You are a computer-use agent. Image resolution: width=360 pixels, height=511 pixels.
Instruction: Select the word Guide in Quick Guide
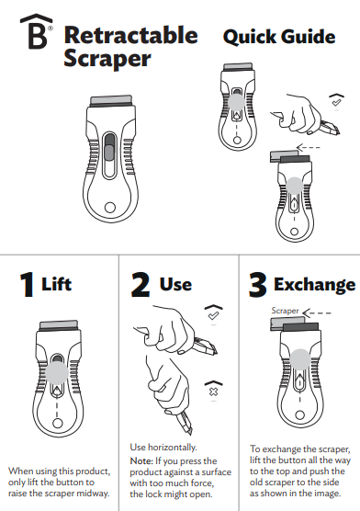pos(306,37)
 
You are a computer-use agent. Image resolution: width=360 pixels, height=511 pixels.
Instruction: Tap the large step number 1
pos(26,285)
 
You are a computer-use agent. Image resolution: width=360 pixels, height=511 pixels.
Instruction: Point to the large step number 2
pos(140,285)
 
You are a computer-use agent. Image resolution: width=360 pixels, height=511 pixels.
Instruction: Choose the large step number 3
pos(258,285)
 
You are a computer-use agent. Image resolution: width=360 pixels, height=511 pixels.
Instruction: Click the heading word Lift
pos(57,285)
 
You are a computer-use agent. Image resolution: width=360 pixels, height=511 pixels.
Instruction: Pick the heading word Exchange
pos(314,285)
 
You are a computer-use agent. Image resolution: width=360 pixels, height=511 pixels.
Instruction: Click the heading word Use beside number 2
pos(175,285)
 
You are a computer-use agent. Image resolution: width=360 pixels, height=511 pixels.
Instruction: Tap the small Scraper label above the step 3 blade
pos(286,311)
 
